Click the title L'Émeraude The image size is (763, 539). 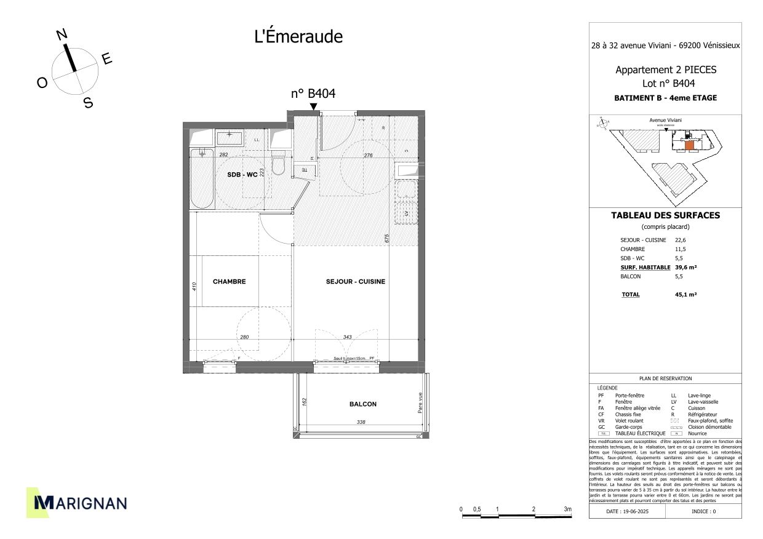click(x=298, y=37)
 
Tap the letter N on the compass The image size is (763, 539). click(x=62, y=35)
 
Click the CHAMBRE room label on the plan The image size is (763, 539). click(x=229, y=282)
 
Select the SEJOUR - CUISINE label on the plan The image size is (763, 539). click(x=356, y=282)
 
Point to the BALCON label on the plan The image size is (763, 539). click(x=362, y=404)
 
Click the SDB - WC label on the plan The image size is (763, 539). click(x=242, y=175)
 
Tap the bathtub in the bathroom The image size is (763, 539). click(x=201, y=179)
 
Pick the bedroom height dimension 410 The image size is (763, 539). click(x=193, y=285)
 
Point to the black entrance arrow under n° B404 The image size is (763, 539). click(x=313, y=107)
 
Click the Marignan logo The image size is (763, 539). click(x=76, y=503)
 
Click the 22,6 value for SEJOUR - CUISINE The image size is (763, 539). click(x=680, y=240)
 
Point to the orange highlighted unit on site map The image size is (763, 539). click(x=689, y=146)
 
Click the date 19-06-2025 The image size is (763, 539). click(x=627, y=511)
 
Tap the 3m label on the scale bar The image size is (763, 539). click(x=567, y=509)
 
